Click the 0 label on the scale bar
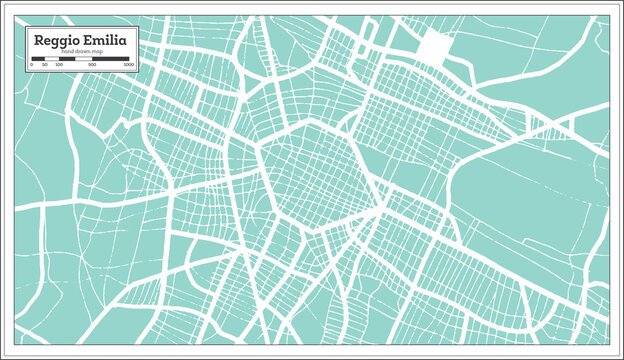[32, 64]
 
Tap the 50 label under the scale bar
[44, 64]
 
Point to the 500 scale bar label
[93, 64]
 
